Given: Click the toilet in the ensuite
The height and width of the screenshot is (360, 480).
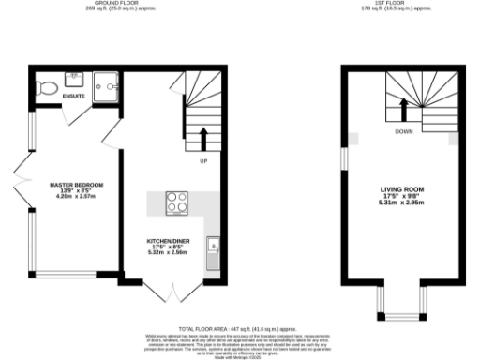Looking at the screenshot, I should [49, 88].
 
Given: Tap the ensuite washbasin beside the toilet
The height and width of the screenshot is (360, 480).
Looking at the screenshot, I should [72, 79].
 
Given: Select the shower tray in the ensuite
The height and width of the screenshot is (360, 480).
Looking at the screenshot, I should [109, 84].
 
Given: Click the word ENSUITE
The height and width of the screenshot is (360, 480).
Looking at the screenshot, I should [74, 97].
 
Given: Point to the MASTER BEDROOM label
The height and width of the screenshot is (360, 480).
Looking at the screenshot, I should [77, 186].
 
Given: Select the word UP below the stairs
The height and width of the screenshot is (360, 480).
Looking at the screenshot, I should [203, 161].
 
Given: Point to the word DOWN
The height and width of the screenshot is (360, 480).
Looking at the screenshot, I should [404, 132].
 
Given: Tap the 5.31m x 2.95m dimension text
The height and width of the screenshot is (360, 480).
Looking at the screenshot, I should [403, 202].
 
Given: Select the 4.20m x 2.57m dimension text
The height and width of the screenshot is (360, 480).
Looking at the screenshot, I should [77, 197].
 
